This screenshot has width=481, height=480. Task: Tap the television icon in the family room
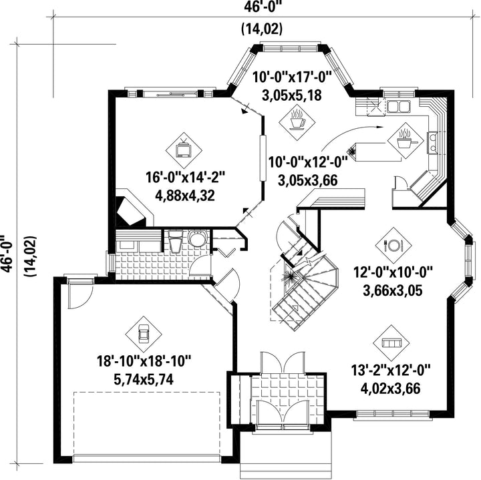point(184,150)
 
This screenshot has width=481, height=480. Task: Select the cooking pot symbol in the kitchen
point(406,141)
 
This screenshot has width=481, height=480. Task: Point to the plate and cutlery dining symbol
point(393,245)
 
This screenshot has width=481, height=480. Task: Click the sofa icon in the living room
point(391,343)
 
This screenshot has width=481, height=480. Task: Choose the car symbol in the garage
point(144,334)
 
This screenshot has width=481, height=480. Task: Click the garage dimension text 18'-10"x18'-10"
point(144,361)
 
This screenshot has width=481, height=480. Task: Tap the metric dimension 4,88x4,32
point(184,196)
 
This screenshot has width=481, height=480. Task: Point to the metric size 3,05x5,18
point(292,95)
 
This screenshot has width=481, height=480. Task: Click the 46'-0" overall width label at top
point(263,6)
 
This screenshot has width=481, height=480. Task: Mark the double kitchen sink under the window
point(398,106)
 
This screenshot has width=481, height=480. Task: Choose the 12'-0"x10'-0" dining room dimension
point(393,272)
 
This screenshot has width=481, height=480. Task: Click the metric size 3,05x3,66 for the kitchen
point(308,180)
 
